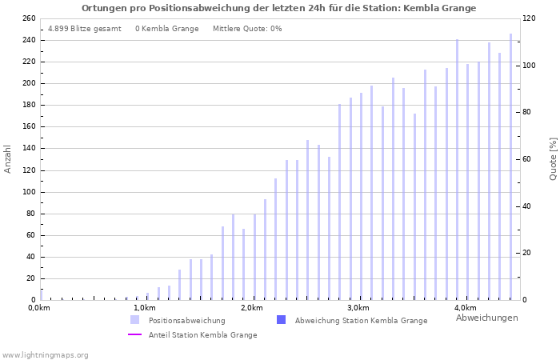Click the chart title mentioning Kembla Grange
pos(278,8)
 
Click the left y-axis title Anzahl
pos(8,158)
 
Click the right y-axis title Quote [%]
pos(553,158)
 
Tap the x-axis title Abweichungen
pos(486,318)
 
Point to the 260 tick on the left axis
pos(28,18)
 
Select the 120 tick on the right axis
pos(529,18)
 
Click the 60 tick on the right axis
pos(526,159)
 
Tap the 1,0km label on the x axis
pos(145,308)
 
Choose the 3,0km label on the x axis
pos(358,308)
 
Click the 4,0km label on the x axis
pos(465,308)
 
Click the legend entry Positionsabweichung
pos(186,320)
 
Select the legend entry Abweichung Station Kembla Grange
pos(361,320)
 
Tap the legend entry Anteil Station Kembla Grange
pos(202,334)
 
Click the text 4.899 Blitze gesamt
pos(85,29)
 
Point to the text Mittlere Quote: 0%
pos(247,29)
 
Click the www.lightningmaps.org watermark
pos(45,354)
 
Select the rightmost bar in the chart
pos(510,166)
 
